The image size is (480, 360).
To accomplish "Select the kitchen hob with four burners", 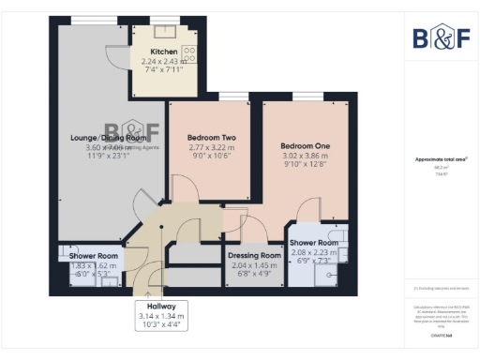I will coord(188,53).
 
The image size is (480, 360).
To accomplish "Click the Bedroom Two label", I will coord(204,137).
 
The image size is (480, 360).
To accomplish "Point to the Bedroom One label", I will coord(305,147).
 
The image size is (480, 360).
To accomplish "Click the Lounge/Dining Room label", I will coord(103,138).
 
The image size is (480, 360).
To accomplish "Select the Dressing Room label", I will coord(255,255).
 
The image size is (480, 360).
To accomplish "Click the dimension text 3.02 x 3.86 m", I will coord(305,157).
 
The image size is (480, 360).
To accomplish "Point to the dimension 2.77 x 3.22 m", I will coord(204,147).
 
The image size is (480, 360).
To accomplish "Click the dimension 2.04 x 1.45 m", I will coord(255,265).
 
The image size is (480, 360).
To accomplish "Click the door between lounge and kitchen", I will coord(117,58).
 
